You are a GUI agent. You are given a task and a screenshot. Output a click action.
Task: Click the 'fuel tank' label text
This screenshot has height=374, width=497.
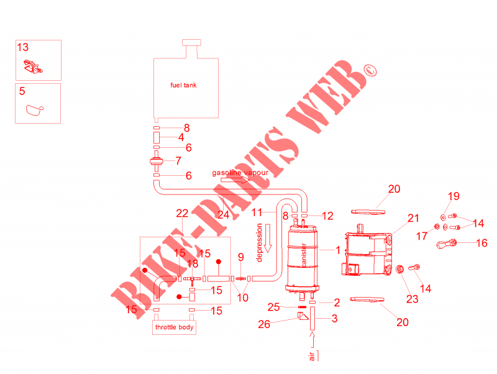(183, 85)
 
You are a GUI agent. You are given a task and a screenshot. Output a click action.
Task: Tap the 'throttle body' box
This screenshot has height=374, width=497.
(174, 327)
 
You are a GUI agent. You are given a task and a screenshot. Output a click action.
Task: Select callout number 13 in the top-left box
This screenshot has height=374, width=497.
(23, 47)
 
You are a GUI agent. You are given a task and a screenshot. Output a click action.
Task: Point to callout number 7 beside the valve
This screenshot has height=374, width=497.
(178, 161)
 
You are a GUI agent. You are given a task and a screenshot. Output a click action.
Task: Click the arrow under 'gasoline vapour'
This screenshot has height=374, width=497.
(235, 180)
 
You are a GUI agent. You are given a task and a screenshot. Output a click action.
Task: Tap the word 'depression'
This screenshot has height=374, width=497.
(259, 242)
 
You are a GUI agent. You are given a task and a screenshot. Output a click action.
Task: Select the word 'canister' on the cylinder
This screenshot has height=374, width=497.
(304, 255)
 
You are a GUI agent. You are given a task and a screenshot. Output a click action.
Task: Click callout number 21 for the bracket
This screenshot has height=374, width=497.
(413, 218)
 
